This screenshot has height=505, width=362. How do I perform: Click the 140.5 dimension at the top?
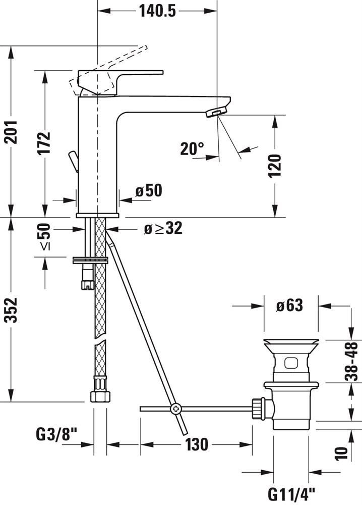157,11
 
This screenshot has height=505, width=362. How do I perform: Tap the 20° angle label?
192,149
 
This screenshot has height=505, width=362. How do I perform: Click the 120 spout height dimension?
275,166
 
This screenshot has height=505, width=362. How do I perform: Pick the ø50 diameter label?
149,191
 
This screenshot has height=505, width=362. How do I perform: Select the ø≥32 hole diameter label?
163,228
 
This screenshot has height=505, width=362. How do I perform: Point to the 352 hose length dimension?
12,310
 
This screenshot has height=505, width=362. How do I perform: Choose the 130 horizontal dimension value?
197,444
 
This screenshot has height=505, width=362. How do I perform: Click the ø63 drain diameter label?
289,306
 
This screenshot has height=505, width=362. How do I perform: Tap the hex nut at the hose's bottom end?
100,396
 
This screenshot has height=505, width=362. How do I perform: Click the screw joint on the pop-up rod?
176,409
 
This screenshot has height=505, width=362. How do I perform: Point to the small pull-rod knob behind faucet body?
74,161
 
